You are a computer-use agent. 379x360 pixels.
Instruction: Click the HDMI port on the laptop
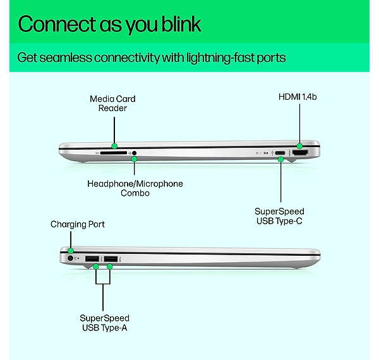point(300,153)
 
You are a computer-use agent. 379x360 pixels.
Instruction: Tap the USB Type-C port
point(280,153)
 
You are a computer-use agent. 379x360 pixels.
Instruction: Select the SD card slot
point(113,153)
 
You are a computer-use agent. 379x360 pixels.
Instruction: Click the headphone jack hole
point(135,153)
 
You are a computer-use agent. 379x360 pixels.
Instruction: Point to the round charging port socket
point(70,258)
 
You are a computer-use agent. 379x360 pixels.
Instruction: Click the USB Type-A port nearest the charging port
point(92,259)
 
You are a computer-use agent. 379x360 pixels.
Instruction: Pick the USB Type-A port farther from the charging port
point(111,259)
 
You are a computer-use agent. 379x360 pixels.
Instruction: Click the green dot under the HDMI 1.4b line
point(299,146)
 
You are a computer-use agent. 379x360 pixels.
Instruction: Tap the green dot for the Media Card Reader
point(114,146)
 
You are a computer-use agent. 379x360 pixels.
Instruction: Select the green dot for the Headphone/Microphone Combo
point(134,159)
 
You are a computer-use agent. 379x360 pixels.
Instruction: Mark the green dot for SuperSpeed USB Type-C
point(280,159)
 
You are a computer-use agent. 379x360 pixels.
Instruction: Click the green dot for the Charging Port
point(71,250)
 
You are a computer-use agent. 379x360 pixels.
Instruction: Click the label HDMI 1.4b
point(298,97)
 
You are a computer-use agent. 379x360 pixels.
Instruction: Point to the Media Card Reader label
point(112,104)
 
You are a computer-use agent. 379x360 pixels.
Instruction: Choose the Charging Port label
point(78,224)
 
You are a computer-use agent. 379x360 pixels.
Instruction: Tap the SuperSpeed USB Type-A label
point(104,323)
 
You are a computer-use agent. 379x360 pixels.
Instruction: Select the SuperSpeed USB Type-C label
point(279,216)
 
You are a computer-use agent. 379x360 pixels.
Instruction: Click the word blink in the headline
point(181,24)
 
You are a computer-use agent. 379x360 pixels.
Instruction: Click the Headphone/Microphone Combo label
point(135,188)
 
